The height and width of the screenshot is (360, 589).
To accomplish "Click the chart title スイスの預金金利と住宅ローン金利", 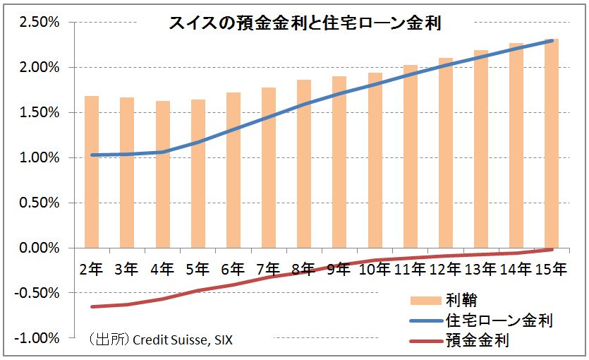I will (x=305, y=23).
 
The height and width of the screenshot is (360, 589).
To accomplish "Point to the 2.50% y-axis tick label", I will (x=40, y=23).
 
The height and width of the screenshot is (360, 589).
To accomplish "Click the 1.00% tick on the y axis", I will (x=40, y=158).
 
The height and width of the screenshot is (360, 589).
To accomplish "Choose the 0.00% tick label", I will (x=40, y=248).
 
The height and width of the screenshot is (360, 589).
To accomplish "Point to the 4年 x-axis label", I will (x=162, y=269).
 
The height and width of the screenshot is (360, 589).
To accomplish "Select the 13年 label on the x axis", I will (x=480, y=269).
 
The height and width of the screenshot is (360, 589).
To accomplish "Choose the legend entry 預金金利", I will (x=478, y=342).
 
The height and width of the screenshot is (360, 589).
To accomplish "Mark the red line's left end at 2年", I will (x=92, y=306).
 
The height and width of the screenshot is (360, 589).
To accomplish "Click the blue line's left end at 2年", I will (x=92, y=155).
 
